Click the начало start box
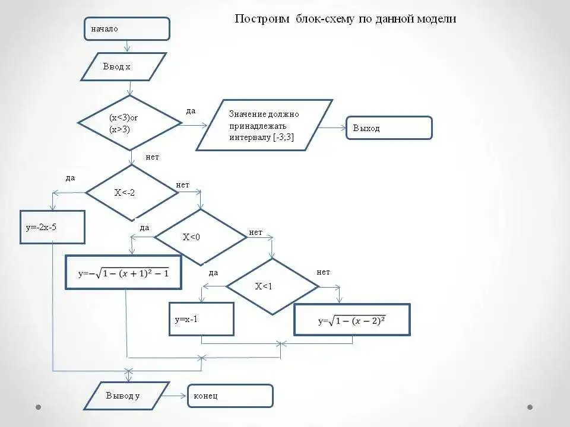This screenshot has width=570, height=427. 127,28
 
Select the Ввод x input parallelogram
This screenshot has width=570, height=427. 123,67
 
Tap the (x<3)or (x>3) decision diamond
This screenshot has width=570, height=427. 130,123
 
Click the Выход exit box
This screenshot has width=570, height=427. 389,128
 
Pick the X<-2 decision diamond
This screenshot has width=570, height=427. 132,193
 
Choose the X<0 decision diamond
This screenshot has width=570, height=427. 201,237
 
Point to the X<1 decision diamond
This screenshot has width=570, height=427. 273,286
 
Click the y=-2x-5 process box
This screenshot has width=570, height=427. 53,227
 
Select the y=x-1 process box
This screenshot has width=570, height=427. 201,319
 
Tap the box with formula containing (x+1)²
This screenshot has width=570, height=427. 123,272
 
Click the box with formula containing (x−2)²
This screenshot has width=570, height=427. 352,320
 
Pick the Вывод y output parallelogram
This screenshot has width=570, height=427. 126,396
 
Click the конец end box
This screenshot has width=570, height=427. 230,396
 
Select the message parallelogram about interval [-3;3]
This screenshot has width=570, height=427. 264,125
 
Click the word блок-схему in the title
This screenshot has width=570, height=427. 324,18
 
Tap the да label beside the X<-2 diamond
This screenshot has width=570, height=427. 70,178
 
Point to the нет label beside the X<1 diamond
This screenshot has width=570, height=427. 323,272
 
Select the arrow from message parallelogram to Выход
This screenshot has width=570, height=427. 332,128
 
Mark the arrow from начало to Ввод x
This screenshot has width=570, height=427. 127,46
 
